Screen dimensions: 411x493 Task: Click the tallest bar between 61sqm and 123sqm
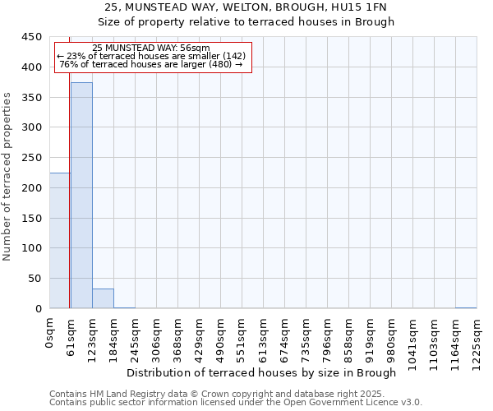click(81, 196)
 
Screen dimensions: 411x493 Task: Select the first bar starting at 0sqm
click(59, 241)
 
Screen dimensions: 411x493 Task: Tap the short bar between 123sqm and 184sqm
click(103, 298)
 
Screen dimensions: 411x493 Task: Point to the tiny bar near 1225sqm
click(466, 307)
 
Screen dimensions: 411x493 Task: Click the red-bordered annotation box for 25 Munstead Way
click(152, 56)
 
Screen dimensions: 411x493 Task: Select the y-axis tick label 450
click(31, 37)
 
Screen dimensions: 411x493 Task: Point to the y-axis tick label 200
click(31, 188)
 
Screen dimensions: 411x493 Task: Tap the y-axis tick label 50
click(35, 279)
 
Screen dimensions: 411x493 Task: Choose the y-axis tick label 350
click(31, 98)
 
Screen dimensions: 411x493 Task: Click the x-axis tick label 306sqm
click(156, 335)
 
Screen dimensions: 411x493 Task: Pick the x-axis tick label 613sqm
click(263, 335)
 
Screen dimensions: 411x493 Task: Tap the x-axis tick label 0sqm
click(49, 330)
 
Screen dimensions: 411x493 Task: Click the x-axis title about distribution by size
click(263, 372)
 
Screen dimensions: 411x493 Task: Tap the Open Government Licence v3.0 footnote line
click(236, 402)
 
